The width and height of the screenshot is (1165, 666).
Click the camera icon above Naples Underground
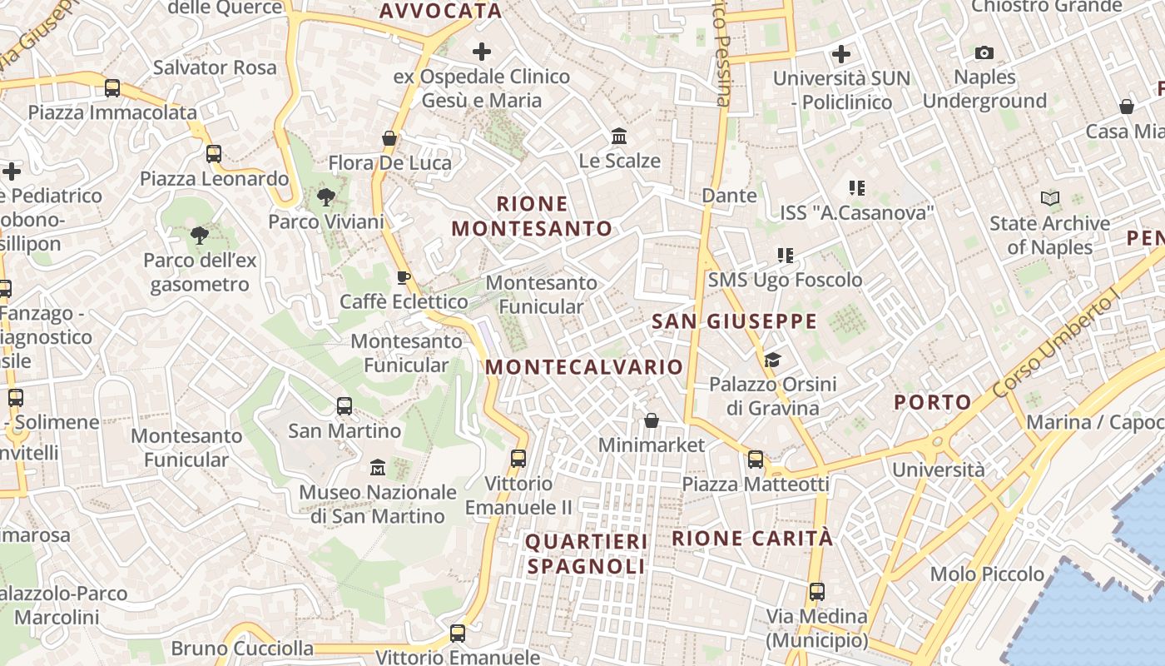(x=984, y=53)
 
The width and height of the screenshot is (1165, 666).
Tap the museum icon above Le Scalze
(x=619, y=136)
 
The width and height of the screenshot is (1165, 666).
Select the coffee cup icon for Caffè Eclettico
(x=404, y=277)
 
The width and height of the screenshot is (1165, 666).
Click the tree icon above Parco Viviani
(x=326, y=197)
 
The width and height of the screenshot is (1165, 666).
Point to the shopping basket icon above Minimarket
(x=652, y=420)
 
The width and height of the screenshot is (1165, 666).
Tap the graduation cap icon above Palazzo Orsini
(x=773, y=360)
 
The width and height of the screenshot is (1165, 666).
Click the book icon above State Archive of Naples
(x=1050, y=199)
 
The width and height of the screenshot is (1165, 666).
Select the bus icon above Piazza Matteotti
(x=756, y=459)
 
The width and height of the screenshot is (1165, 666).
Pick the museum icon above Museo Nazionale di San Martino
(x=378, y=467)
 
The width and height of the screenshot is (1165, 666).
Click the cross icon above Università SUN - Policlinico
(x=841, y=54)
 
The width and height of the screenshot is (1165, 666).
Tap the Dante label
(x=730, y=196)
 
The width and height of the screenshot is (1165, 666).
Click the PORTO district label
(x=933, y=403)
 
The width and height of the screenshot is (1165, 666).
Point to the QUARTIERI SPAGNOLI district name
(x=587, y=554)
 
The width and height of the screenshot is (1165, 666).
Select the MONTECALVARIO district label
(x=584, y=367)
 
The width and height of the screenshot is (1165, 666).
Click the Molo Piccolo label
(x=987, y=574)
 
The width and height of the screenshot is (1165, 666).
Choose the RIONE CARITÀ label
(x=752, y=538)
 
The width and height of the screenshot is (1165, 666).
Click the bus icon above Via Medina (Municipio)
(x=817, y=592)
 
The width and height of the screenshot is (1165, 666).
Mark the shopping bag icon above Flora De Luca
(x=389, y=138)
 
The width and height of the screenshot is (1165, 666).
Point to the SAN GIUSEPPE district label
(x=735, y=321)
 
